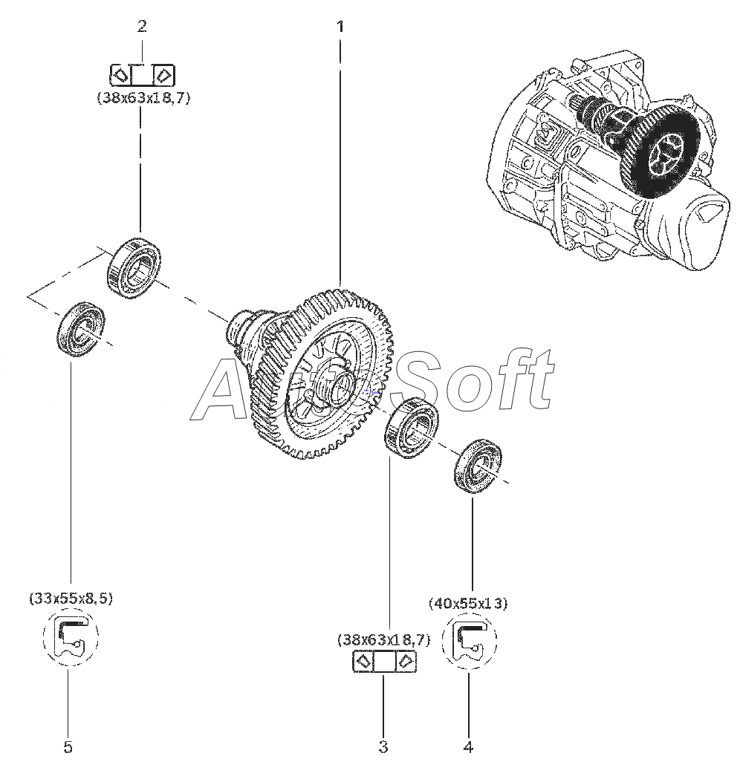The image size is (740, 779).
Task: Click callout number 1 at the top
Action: coord(340,27)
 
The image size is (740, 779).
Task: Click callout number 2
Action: coord(142,27)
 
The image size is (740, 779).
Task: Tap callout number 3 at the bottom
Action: coord(383,746)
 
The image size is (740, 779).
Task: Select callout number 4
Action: coord(468,746)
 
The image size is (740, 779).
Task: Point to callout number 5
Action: coord(68,746)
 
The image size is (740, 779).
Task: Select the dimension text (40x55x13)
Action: coord(468,603)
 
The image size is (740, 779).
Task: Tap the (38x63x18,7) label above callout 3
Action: coord(383,639)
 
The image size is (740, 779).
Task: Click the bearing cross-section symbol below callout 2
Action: coord(142,74)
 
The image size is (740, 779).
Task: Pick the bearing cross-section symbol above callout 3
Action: coord(383,662)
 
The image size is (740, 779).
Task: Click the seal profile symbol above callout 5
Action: coord(71,636)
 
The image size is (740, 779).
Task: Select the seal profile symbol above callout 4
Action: coord(469,640)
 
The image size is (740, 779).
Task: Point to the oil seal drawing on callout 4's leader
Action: coord(478,466)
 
